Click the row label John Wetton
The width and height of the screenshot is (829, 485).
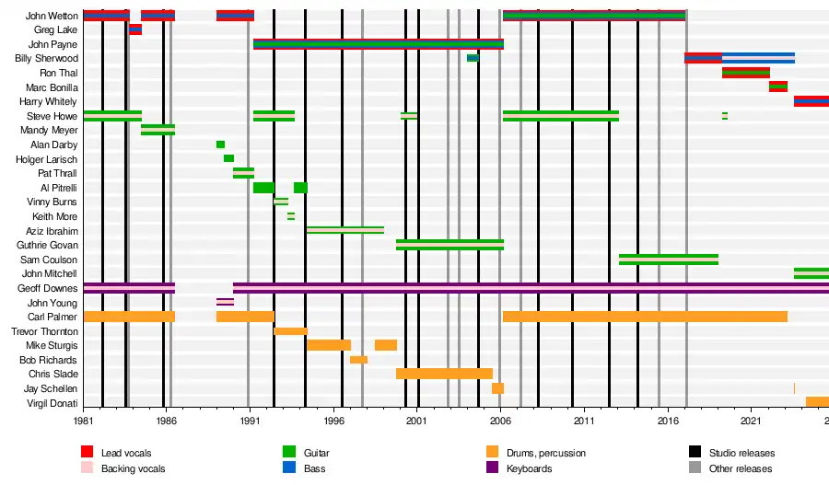[52, 16]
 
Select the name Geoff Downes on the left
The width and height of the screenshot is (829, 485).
[48, 288]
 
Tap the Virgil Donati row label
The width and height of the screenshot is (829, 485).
[53, 403]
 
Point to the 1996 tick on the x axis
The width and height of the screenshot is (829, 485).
[333, 420]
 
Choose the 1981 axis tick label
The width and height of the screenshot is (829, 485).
[84, 420]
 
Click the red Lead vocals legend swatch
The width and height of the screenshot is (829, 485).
[88, 452]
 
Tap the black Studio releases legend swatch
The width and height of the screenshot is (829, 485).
[695, 452]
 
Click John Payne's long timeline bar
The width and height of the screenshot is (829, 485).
[378, 44]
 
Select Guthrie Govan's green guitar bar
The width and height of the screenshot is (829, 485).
[450, 245]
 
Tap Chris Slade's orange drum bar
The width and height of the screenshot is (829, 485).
[444, 374]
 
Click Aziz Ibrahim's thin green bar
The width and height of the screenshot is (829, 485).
[344, 230]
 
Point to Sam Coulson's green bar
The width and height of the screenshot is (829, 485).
[668, 260]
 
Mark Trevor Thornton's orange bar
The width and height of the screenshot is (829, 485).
[290, 331]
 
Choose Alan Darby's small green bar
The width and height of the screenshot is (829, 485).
[220, 144]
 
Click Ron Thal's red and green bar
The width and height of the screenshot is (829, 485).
[745, 73]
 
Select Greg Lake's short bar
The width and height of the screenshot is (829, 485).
[135, 29]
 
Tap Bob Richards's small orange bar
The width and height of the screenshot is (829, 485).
[358, 360]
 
